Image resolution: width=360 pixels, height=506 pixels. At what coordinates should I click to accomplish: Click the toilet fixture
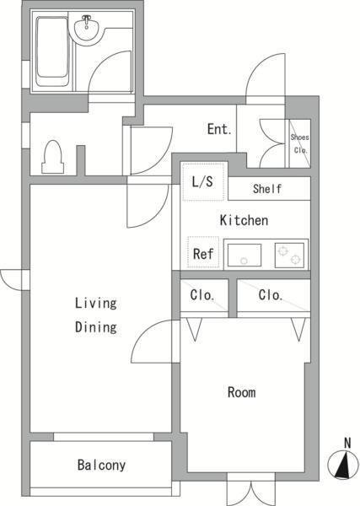pyautogui.click(x=52, y=157)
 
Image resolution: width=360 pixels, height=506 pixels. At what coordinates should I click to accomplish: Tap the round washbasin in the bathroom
pyautogui.click(x=87, y=29)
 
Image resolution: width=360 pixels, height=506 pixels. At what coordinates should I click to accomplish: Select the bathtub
pyautogui.click(x=51, y=51)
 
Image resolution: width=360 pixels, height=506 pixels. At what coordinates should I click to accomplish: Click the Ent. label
pyautogui.click(x=219, y=129)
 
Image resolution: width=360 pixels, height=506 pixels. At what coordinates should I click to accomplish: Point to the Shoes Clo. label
pyautogui.click(x=300, y=143)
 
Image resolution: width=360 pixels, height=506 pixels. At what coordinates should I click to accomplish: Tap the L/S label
pyautogui.click(x=202, y=181)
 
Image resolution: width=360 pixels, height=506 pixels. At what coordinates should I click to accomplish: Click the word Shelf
pyautogui.click(x=267, y=189)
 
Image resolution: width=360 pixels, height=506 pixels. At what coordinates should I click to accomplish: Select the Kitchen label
pyautogui.click(x=244, y=220)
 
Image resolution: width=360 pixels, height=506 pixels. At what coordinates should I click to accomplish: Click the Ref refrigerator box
pyautogui.click(x=203, y=253)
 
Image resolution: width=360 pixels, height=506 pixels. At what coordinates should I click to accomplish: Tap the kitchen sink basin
pyautogui.click(x=244, y=255)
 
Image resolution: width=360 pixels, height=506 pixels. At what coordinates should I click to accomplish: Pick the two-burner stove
pyautogui.click(x=289, y=256)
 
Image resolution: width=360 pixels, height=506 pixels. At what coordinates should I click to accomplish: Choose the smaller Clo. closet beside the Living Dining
pyautogui.click(x=204, y=295)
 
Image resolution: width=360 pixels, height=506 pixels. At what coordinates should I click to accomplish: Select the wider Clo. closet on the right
pyautogui.click(x=273, y=295)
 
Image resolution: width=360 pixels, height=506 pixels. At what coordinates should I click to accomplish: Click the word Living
pyautogui.click(x=96, y=304)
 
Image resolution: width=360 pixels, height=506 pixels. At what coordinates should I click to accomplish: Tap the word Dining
pyautogui.click(x=96, y=327)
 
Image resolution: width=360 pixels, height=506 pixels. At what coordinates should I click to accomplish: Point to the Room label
pyautogui.click(x=242, y=392)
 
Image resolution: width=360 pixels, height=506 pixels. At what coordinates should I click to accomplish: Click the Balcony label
pyautogui.click(x=101, y=465)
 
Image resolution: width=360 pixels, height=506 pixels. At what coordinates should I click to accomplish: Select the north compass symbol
pyautogui.click(x=343, y=464)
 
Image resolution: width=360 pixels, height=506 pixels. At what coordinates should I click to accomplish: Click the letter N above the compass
pyautogui.click(x=347, y=443)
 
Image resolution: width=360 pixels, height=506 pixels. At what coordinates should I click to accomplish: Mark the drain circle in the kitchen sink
pyautogui.click(x=244, y=261)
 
